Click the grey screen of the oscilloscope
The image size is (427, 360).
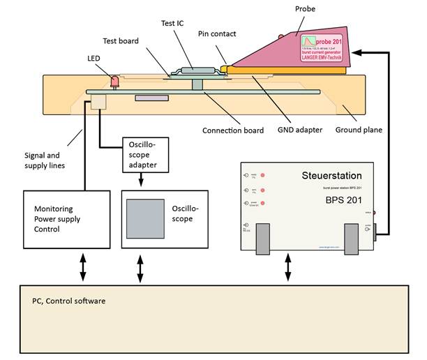144,218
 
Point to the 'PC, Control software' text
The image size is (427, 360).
68,301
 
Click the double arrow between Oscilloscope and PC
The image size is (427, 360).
142,268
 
